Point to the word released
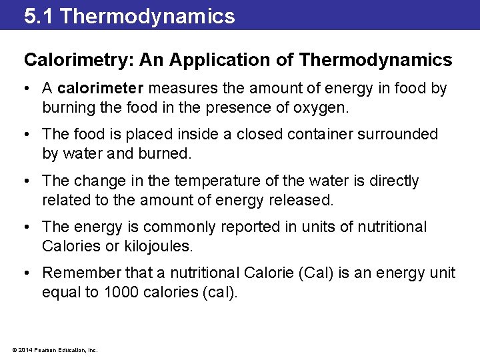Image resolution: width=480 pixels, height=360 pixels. (x=303, y=199)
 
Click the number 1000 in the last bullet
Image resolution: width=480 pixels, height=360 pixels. (x=122, y=291)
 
